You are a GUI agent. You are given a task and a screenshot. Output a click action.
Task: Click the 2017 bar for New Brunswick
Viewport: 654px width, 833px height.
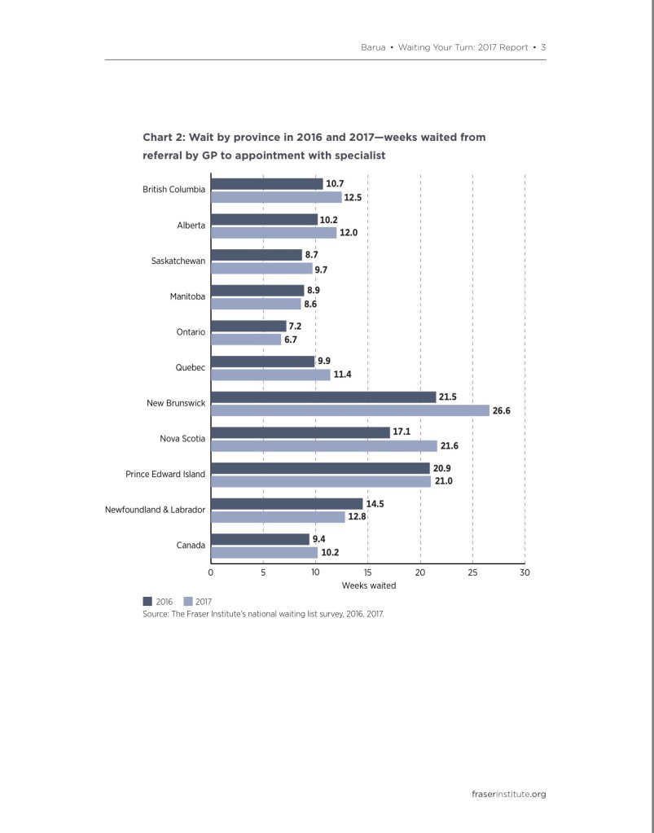point(350,410)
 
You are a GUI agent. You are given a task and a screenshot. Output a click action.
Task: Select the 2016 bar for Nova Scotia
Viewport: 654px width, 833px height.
point(301,432)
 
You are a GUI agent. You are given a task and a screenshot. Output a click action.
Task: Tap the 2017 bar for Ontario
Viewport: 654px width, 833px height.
point(246,340)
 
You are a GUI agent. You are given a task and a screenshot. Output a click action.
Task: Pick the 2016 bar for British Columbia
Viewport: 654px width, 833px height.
point(267,183)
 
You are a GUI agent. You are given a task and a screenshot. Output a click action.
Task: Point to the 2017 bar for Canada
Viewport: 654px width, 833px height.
point(265,552)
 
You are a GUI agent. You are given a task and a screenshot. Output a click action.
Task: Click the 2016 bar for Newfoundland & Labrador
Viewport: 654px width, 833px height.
point(287,503)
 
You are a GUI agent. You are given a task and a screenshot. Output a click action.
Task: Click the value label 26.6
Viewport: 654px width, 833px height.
point(502,411)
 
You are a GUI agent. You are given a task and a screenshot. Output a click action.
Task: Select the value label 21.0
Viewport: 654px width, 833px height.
point(443,481)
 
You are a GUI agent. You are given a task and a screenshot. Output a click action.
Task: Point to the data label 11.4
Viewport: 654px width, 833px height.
point(342,375)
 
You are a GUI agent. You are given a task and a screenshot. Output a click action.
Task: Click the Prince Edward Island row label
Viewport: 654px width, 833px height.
point(165,474)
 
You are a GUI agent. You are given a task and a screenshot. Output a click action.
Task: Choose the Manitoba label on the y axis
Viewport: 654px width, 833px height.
point(187,296)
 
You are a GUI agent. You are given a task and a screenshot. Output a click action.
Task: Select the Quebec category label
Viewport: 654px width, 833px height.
point(191,367)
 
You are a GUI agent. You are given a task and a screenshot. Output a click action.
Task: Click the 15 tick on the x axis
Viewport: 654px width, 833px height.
point(368,572)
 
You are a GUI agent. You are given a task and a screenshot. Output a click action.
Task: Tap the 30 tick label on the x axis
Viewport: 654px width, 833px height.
point(525,572)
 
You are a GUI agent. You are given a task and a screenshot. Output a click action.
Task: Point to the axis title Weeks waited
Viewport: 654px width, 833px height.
point(369,585)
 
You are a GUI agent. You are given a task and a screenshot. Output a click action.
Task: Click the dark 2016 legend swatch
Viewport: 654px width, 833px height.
point(147,601)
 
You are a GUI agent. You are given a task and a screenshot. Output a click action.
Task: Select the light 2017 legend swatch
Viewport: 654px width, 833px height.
point(188,601)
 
